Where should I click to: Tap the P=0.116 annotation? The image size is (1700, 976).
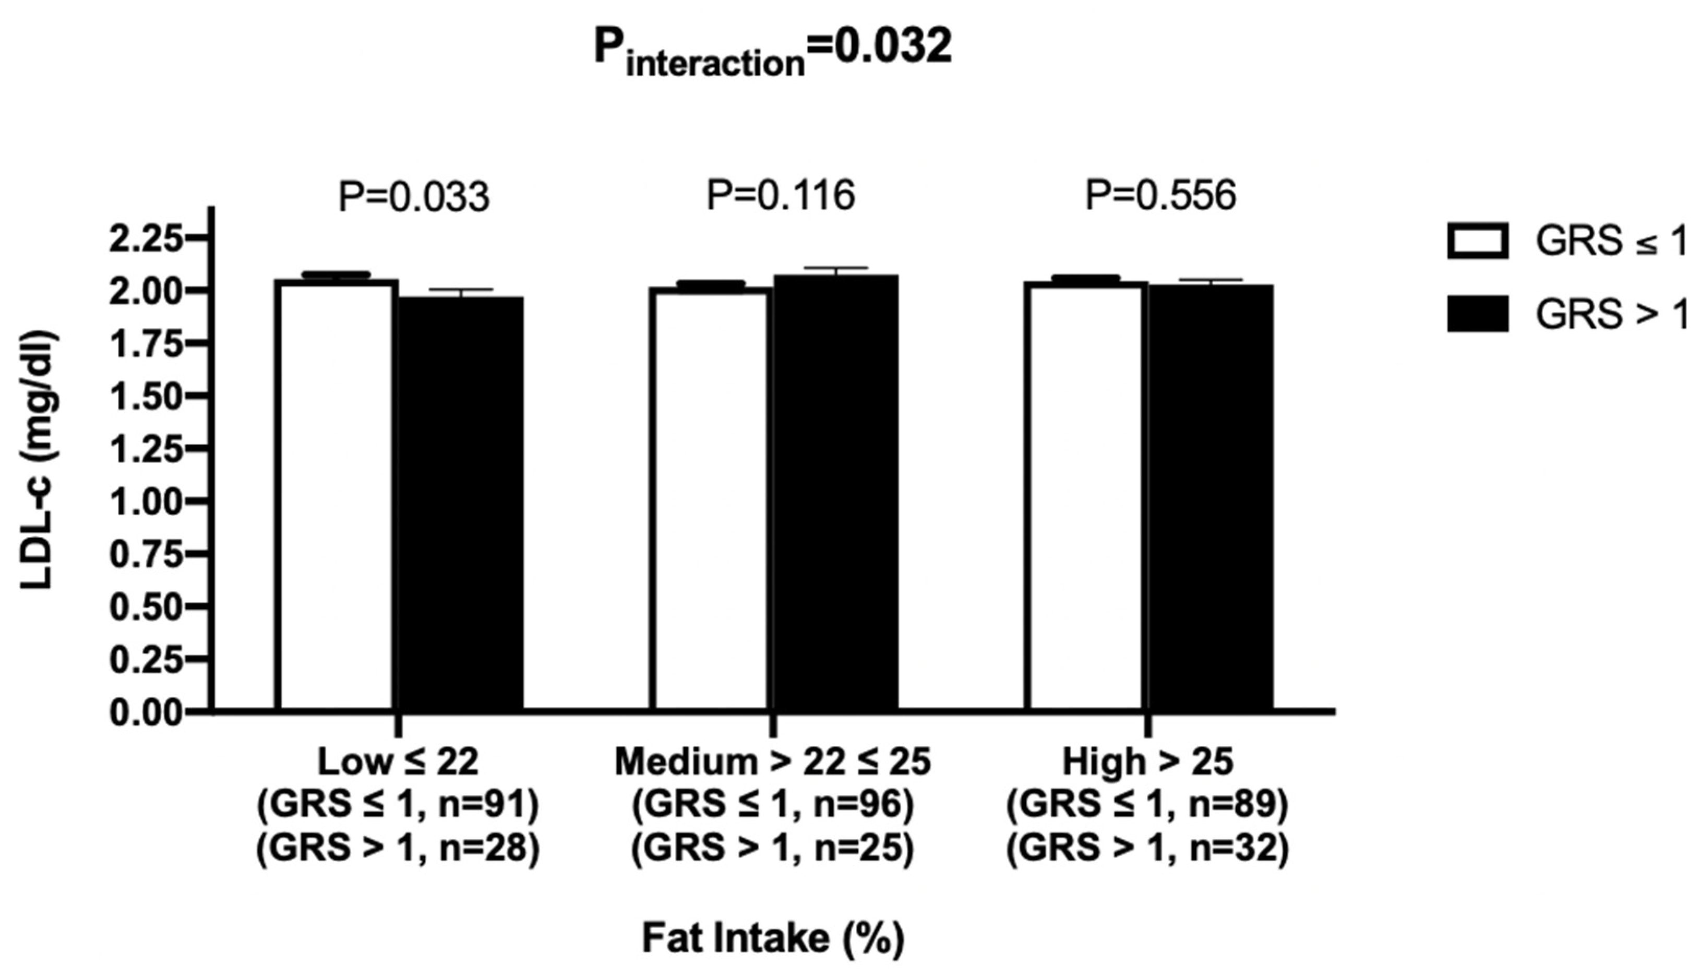coord(781,195)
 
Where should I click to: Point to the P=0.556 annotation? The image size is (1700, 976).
coord(1160,195)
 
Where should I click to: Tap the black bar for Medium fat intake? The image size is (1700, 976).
coord(835,493)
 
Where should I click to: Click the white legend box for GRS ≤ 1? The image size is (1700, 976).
coord(1478,241)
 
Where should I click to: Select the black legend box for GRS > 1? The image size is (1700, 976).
coord(1478,313)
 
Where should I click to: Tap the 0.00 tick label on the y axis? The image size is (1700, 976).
coord(146,712)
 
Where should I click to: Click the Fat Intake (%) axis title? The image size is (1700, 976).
coord(773,938)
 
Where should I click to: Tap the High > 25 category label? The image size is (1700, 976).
coord(1147,761)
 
